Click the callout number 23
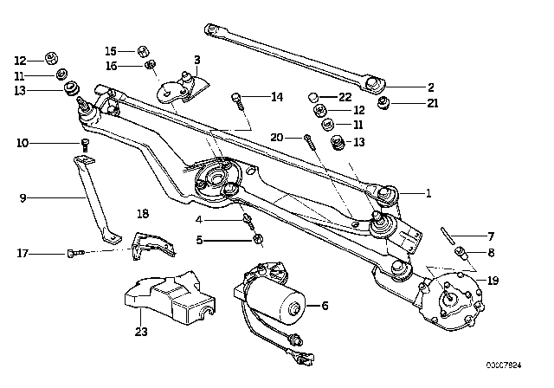[x=142, y=330]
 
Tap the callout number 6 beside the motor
[x=325, y=305]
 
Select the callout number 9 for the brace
[x=23, y=197]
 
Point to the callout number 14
[x=276, y=98]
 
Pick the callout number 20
[x=277, y=138]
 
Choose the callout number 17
[x=23, y=253]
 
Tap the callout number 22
[x=345, y=95]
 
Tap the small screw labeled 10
[x=85, y=145]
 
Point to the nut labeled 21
[x=383, y=107]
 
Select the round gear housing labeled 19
[x=453, y=297]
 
